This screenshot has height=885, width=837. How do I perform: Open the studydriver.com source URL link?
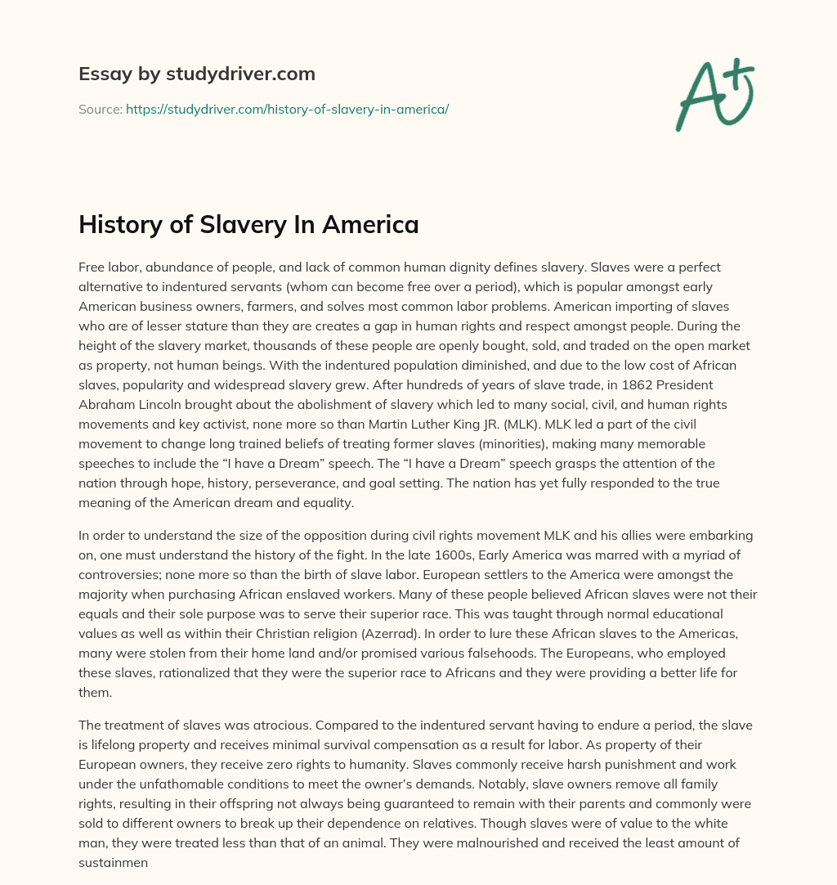click(287, 109)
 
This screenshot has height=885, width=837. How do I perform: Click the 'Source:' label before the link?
click(100, 109)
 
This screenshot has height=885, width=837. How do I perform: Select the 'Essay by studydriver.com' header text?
click(197, 74)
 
